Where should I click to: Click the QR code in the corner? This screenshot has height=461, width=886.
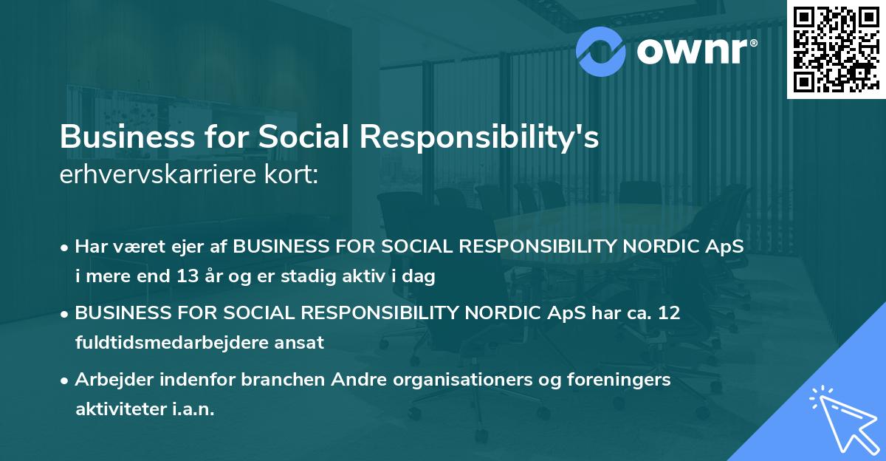point(837,49)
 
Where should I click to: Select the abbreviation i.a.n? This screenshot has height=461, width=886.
point(193,409)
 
